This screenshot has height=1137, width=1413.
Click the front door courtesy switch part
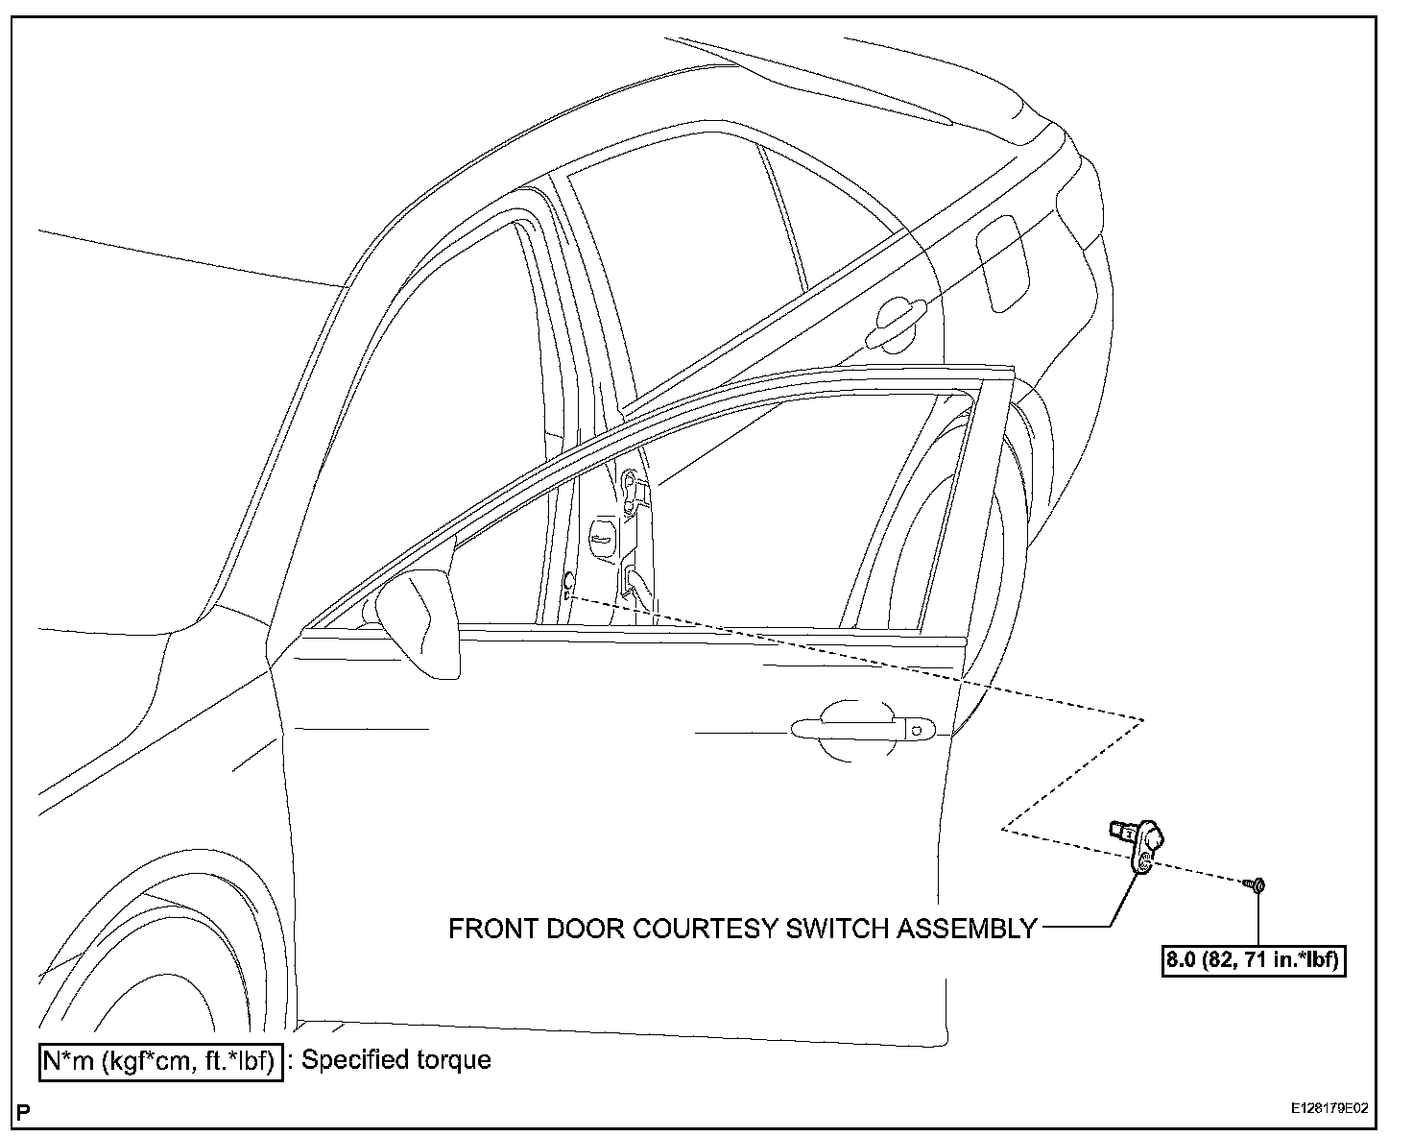[x=1140, y=842]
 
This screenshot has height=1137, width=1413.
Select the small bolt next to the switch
[x=1256, y=884]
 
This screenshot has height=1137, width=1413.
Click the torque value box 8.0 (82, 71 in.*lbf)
[x=1252, y=960]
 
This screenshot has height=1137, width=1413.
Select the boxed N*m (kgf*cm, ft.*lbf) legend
[x=160, y=1060]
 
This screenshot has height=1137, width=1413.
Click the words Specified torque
[x=396, y=1060]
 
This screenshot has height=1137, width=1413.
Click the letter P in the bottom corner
[x=24, y=1115]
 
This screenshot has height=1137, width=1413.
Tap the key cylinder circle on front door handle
[x=918, y=732]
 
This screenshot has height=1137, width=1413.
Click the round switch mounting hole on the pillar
[x=568, y=579]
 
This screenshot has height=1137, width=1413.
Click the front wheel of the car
[x=144, y=970]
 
